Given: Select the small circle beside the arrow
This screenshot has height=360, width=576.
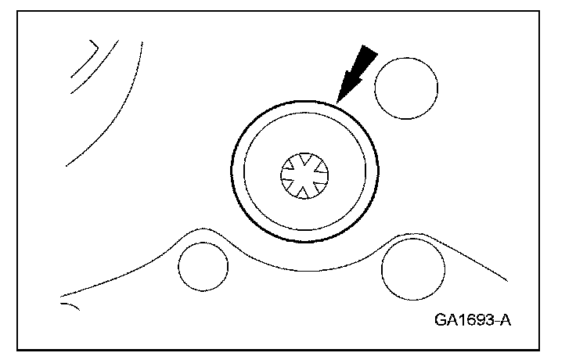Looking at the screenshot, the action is [x=405, y=89].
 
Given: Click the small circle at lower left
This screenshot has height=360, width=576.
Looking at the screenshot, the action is [x=202, y=266].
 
